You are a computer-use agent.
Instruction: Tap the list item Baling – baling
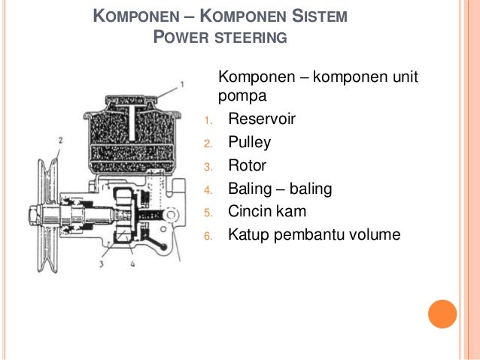(x=279, y=189)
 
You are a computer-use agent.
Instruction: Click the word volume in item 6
(x=370, y=235)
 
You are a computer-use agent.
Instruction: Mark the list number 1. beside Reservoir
(x=210, y=120)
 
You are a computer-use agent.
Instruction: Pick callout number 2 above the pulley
(x=60, y=141)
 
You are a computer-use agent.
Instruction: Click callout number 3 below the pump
(x=101, y=265)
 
